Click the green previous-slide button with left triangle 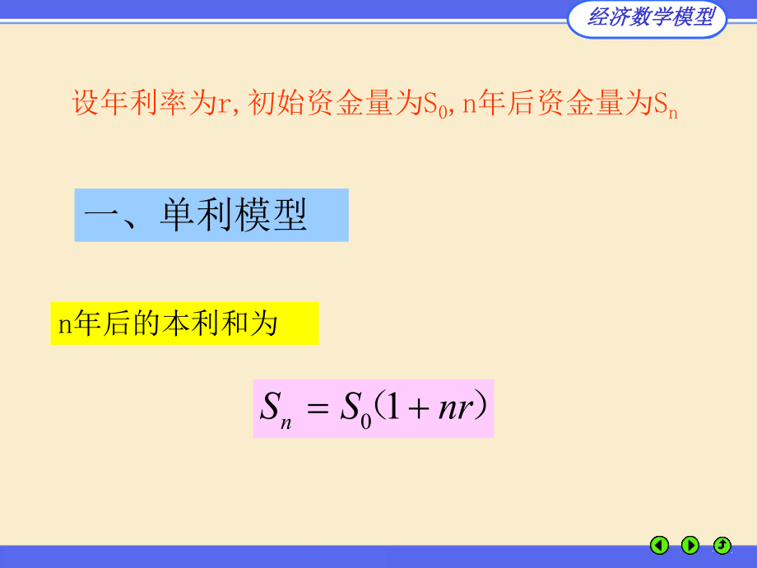pyautogui.click(x=659, y=545)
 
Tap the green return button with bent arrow pyautogui.click(x=722, y=545)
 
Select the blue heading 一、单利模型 pyautogui.click(x=211, y=216)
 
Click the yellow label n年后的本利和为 pyautogui.click(x=184, y=324)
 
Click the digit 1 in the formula pyautogui.click(x=395, y=408)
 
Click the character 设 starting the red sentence pyautogui.click(x=86, y=105)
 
